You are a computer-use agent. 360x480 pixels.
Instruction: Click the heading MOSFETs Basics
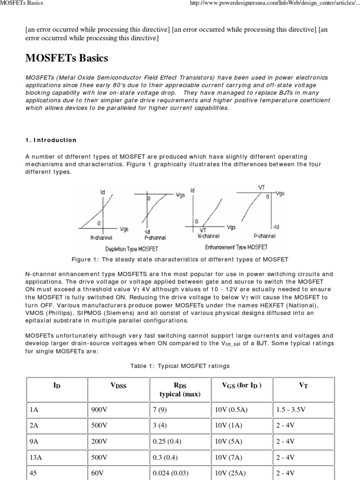[66, 59]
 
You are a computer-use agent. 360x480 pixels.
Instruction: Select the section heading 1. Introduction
[51, 140]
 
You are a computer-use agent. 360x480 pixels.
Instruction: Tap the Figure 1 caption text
[180, 259]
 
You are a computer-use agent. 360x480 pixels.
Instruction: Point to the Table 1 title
[180, 366]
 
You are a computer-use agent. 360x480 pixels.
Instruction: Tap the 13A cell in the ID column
[36, 457]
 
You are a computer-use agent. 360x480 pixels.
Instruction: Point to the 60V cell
[97, 473]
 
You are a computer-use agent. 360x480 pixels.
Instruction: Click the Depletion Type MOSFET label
[132, 248]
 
